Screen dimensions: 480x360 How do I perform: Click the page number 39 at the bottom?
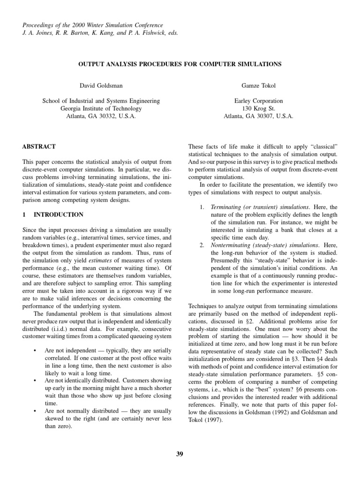pos(180,453)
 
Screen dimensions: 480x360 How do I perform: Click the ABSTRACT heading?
pos(39,147)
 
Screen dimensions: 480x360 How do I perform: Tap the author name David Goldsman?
pos(101,86)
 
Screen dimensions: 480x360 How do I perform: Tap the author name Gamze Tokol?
pos(258,86)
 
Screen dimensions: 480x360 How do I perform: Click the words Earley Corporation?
pos(258,101)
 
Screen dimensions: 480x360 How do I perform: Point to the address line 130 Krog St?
pos(258,108)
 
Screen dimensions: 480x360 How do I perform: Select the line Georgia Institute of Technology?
pos(101,108)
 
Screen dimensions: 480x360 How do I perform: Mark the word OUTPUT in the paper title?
pos(92,64)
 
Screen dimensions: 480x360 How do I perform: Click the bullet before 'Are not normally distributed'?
pos(35,411)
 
